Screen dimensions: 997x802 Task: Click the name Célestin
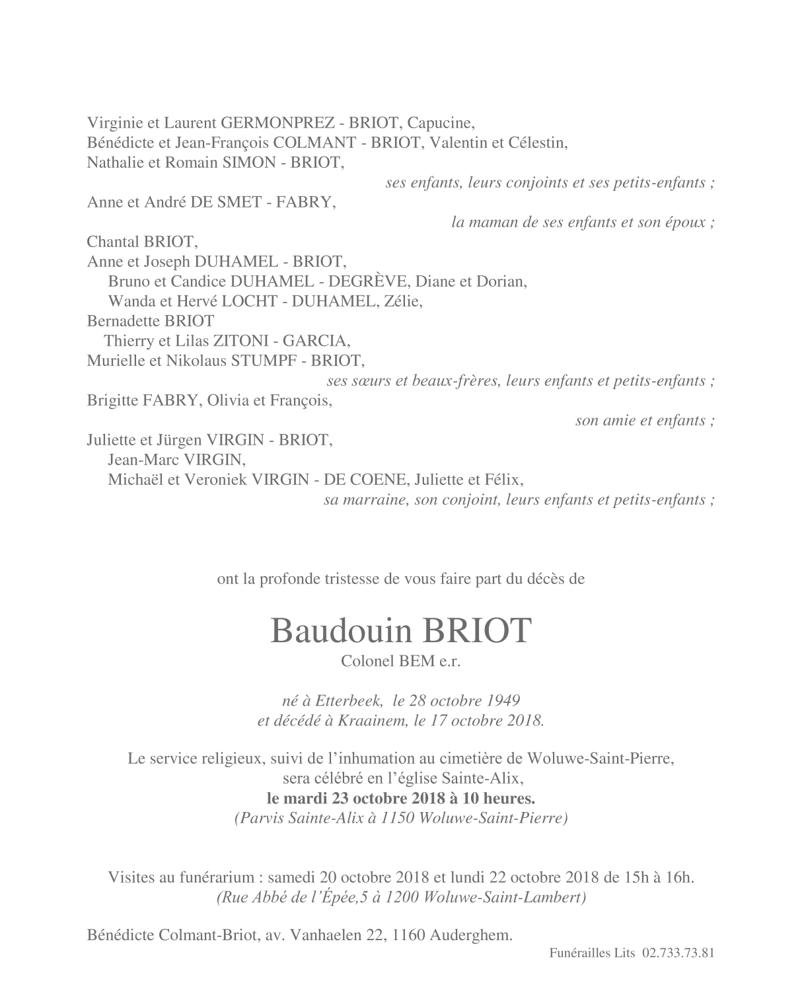tap(537, 143)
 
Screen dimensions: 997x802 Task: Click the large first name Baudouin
tap(340, 632)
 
